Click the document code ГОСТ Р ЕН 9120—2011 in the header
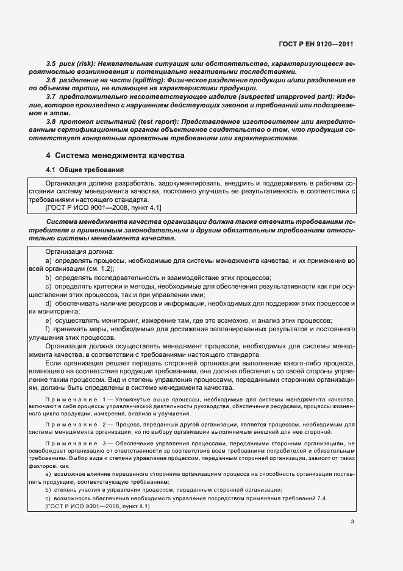318,44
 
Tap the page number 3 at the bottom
352,521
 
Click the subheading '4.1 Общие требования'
86,169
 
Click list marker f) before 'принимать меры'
48,329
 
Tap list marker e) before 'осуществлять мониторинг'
48,320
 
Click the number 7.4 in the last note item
321,498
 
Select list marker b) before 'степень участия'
48,490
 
